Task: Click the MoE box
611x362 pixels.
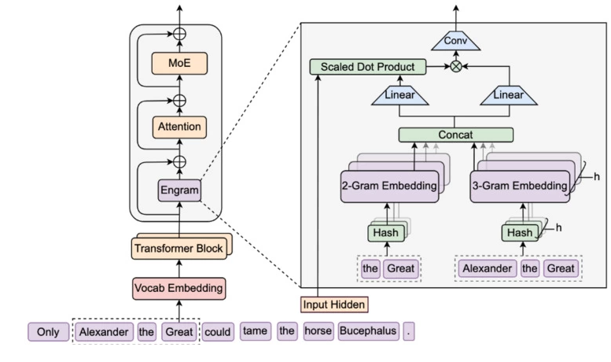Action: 179,62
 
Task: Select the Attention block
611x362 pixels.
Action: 179,126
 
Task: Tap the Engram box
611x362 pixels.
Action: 179,190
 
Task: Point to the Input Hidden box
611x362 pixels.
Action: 334,304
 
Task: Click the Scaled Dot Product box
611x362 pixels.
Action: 368,67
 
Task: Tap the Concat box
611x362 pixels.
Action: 456,135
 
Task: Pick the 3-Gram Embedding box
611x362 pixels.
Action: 520,186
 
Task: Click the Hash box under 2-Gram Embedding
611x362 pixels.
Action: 385,233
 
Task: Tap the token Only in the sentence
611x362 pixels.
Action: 48,331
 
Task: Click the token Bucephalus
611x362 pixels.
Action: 368,331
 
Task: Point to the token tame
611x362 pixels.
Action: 255,331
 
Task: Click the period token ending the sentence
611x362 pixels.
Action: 407,331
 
